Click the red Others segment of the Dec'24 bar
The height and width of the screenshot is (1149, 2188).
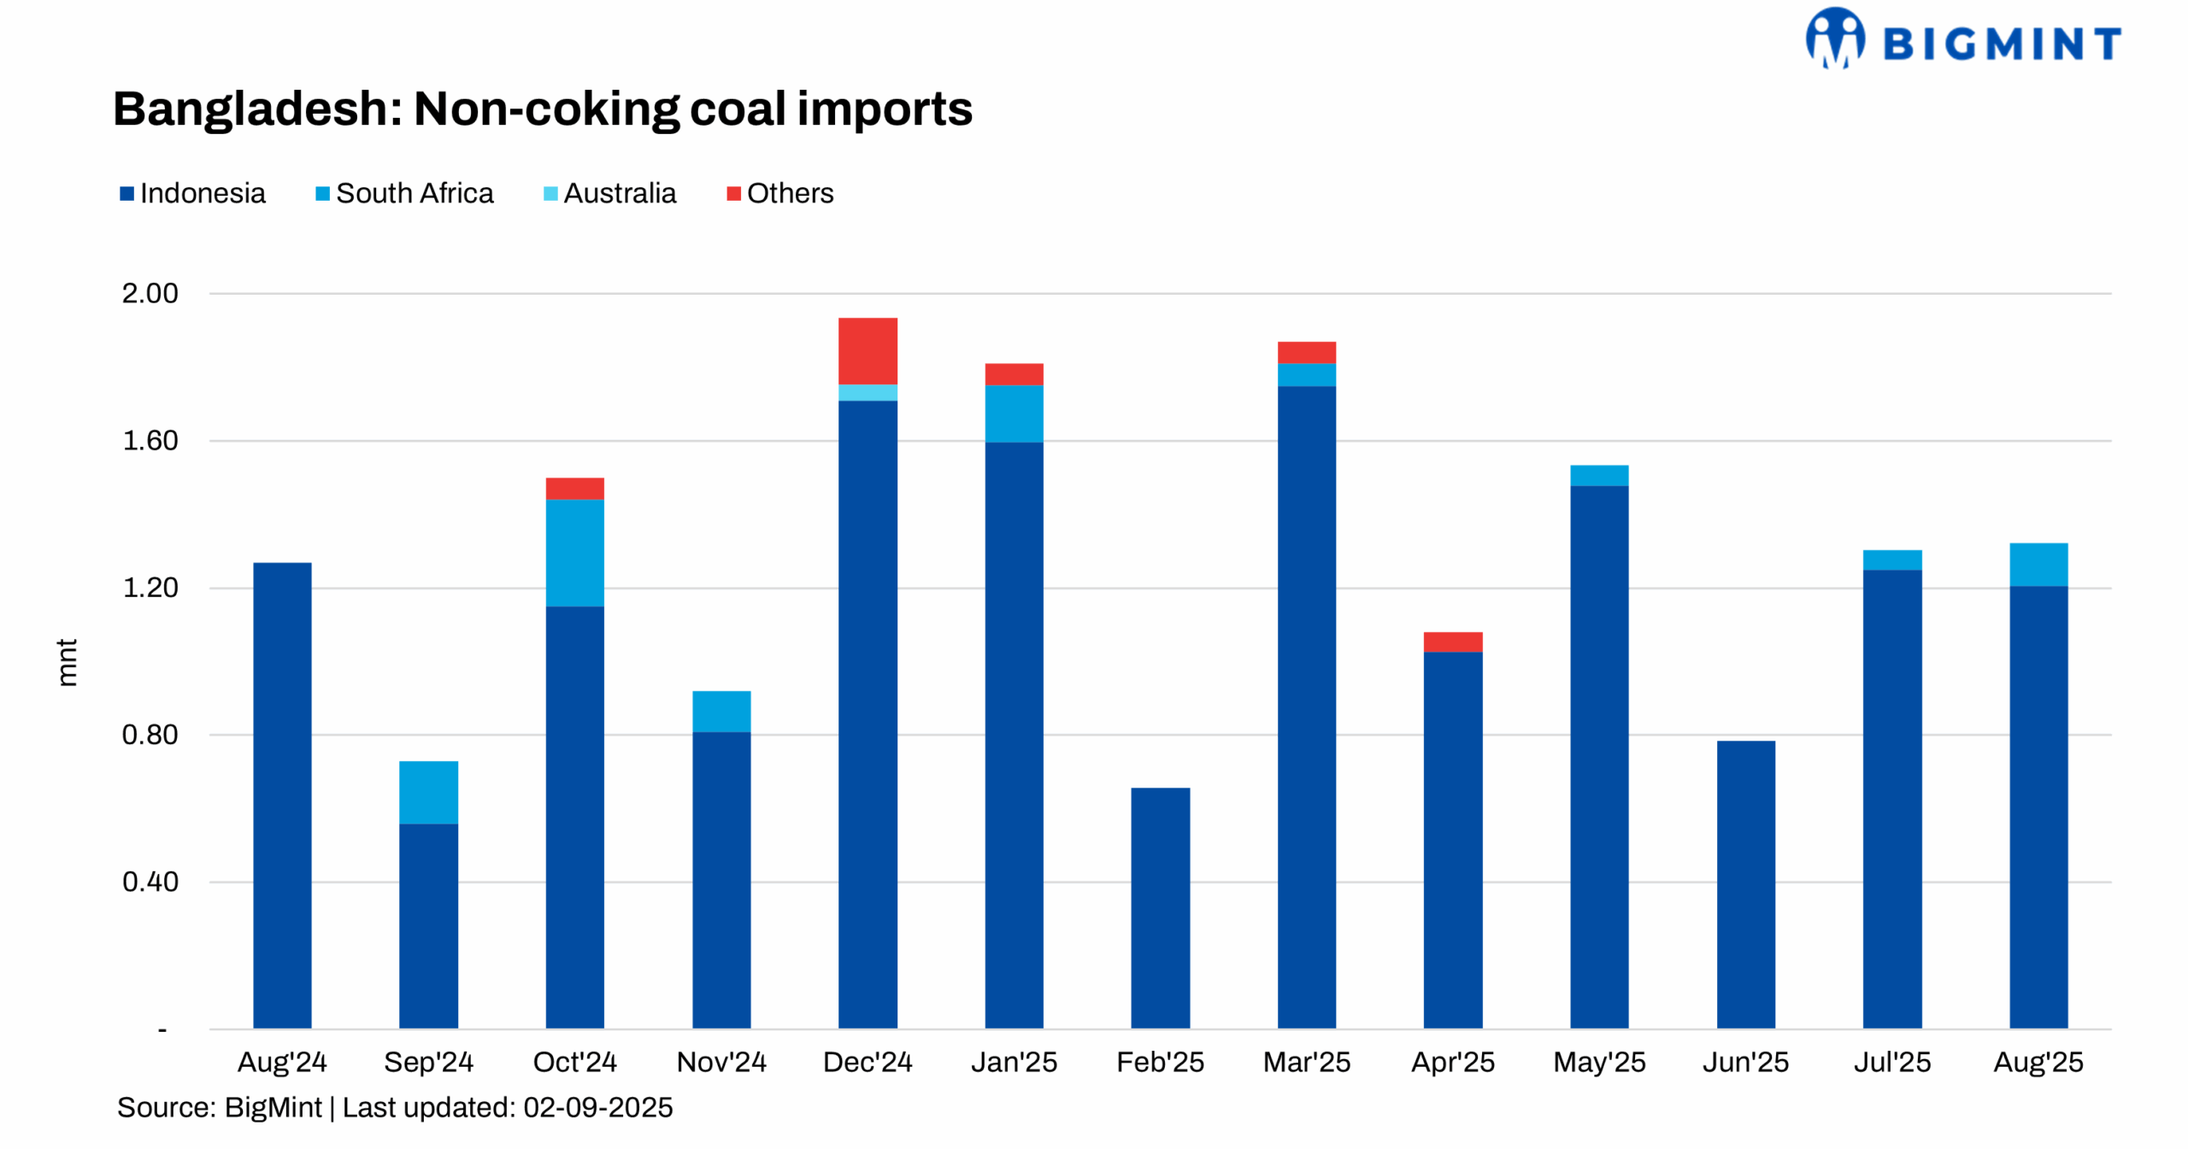tap(868, 350)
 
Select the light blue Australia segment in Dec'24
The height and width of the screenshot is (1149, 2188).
tap(868, 392)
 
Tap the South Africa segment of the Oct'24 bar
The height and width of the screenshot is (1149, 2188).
tap(574, 552)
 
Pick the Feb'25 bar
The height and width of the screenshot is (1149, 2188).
tap(1160, 907)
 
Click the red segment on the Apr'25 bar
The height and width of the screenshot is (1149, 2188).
tap(1452, 642)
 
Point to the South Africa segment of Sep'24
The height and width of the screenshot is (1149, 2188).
tap(428, 792)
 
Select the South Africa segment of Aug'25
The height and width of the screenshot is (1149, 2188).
tap(2038, 564)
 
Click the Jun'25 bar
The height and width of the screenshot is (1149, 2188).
tap(1745, 884)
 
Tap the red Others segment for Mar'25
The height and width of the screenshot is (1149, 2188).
tap(1306, 352)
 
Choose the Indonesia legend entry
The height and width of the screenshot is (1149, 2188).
tap(193, 193)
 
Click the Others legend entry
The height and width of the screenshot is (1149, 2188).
tap(780, 193)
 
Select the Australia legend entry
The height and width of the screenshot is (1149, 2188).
tap(610, 193)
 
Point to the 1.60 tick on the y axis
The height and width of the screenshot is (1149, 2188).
tap(150, 441)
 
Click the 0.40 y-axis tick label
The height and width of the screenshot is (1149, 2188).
tap(150, 882)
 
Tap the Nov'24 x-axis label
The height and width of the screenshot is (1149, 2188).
tap(721, 1062)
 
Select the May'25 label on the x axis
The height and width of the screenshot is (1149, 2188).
tap(1599, 1062)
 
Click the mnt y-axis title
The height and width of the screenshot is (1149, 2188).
tap(67, 662)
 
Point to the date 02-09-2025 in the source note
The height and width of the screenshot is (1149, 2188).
tap(597, 1107)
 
